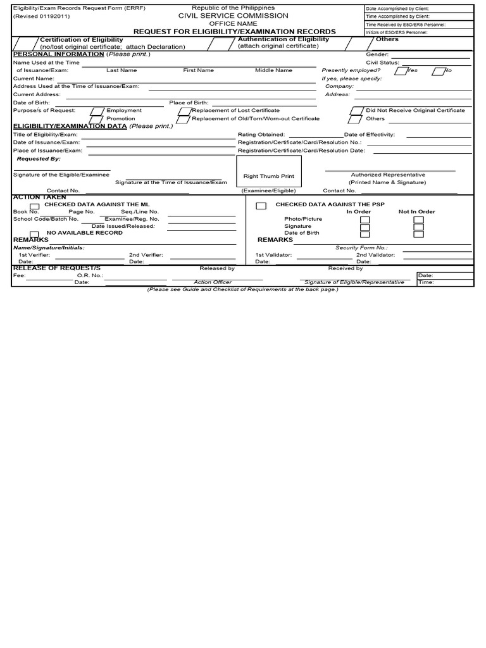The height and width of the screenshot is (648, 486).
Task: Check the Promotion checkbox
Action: click(x=96, y=119)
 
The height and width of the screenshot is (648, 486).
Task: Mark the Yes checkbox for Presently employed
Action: click(x=401, y=71)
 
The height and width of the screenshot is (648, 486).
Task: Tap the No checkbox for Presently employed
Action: click(x=438, y=71)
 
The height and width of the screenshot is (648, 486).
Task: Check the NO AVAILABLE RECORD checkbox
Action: click(x=34, y=234)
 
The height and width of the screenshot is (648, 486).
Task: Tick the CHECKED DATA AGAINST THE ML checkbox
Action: click(x=34, y=206)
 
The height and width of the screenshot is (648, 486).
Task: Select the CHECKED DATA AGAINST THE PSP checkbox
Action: click(x=261, y=206)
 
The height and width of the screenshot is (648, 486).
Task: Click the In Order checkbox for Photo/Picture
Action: click(x=364, y=219)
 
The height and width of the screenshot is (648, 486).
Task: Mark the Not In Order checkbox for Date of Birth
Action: click(x=418, y=234)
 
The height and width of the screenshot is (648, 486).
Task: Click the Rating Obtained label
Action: click(x=261, y=135)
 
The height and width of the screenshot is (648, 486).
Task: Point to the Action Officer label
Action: click(x=213, y=283)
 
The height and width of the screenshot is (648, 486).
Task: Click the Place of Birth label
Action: click(x=189, y=103)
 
